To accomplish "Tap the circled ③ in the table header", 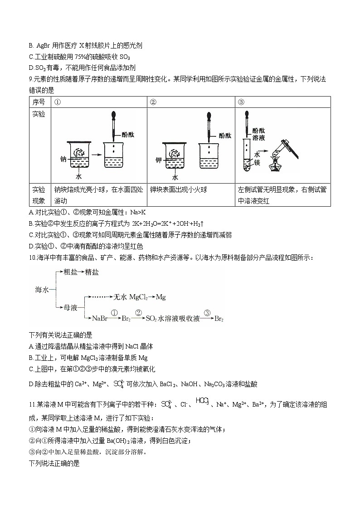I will coord(241,102).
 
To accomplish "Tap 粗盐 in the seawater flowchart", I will coord(70,272).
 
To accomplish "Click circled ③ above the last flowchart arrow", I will coord(207,312).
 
